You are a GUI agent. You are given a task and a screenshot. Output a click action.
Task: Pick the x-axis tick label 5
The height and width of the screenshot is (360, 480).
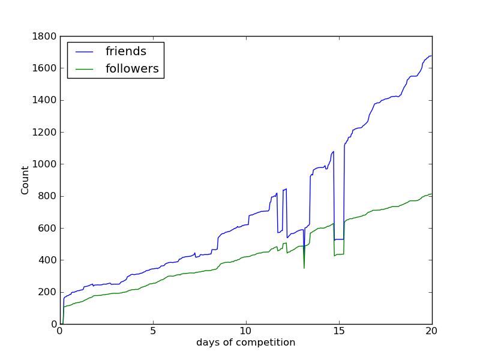(153, 331)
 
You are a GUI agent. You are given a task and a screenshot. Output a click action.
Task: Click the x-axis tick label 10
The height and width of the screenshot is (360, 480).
(246, 331)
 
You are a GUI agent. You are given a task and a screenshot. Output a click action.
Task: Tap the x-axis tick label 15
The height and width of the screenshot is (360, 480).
(339, 331)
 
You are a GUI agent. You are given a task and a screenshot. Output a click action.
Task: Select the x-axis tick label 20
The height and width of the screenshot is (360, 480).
(432, 331)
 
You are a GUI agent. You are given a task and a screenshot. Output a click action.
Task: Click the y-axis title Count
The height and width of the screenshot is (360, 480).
(25, 180)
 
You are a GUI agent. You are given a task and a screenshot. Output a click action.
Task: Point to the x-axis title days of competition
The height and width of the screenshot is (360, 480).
(246, 343)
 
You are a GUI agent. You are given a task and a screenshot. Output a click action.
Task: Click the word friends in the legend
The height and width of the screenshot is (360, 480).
(126, 52)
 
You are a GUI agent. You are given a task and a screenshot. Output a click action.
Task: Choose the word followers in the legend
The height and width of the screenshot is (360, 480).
(132, 69)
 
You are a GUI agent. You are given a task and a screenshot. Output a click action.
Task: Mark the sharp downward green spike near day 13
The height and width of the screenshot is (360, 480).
(304, 268)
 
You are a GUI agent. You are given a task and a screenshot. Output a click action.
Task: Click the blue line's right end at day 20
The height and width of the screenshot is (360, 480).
(431, 56)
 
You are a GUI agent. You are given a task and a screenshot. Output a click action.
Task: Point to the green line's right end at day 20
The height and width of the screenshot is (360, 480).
(431, 194)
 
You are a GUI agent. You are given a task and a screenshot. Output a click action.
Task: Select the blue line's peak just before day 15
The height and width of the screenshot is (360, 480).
(334, 151)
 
